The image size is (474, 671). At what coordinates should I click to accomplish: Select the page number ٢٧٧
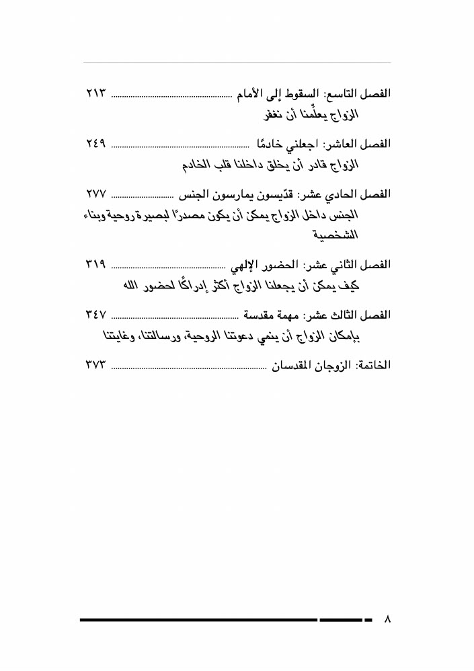point(97,194)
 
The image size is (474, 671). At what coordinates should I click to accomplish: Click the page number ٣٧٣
point(97,366)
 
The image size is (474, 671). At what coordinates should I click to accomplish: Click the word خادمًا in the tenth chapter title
point(265,145)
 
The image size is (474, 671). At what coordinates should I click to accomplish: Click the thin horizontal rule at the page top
point(237,63)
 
